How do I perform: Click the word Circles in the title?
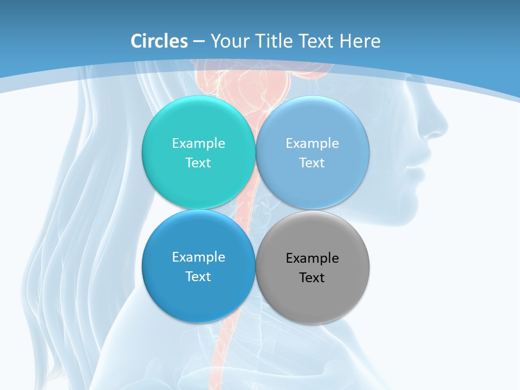click(159, 41)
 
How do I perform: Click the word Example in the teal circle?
click(198, 144)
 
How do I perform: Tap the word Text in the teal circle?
click(198, 163)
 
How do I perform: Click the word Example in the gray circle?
click(312, 258)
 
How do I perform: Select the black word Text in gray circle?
click(312, 278)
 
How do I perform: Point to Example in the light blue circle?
click(312, 144)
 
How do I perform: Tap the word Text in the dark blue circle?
click(198, 277)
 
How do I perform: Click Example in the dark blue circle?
click(198, 257)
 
